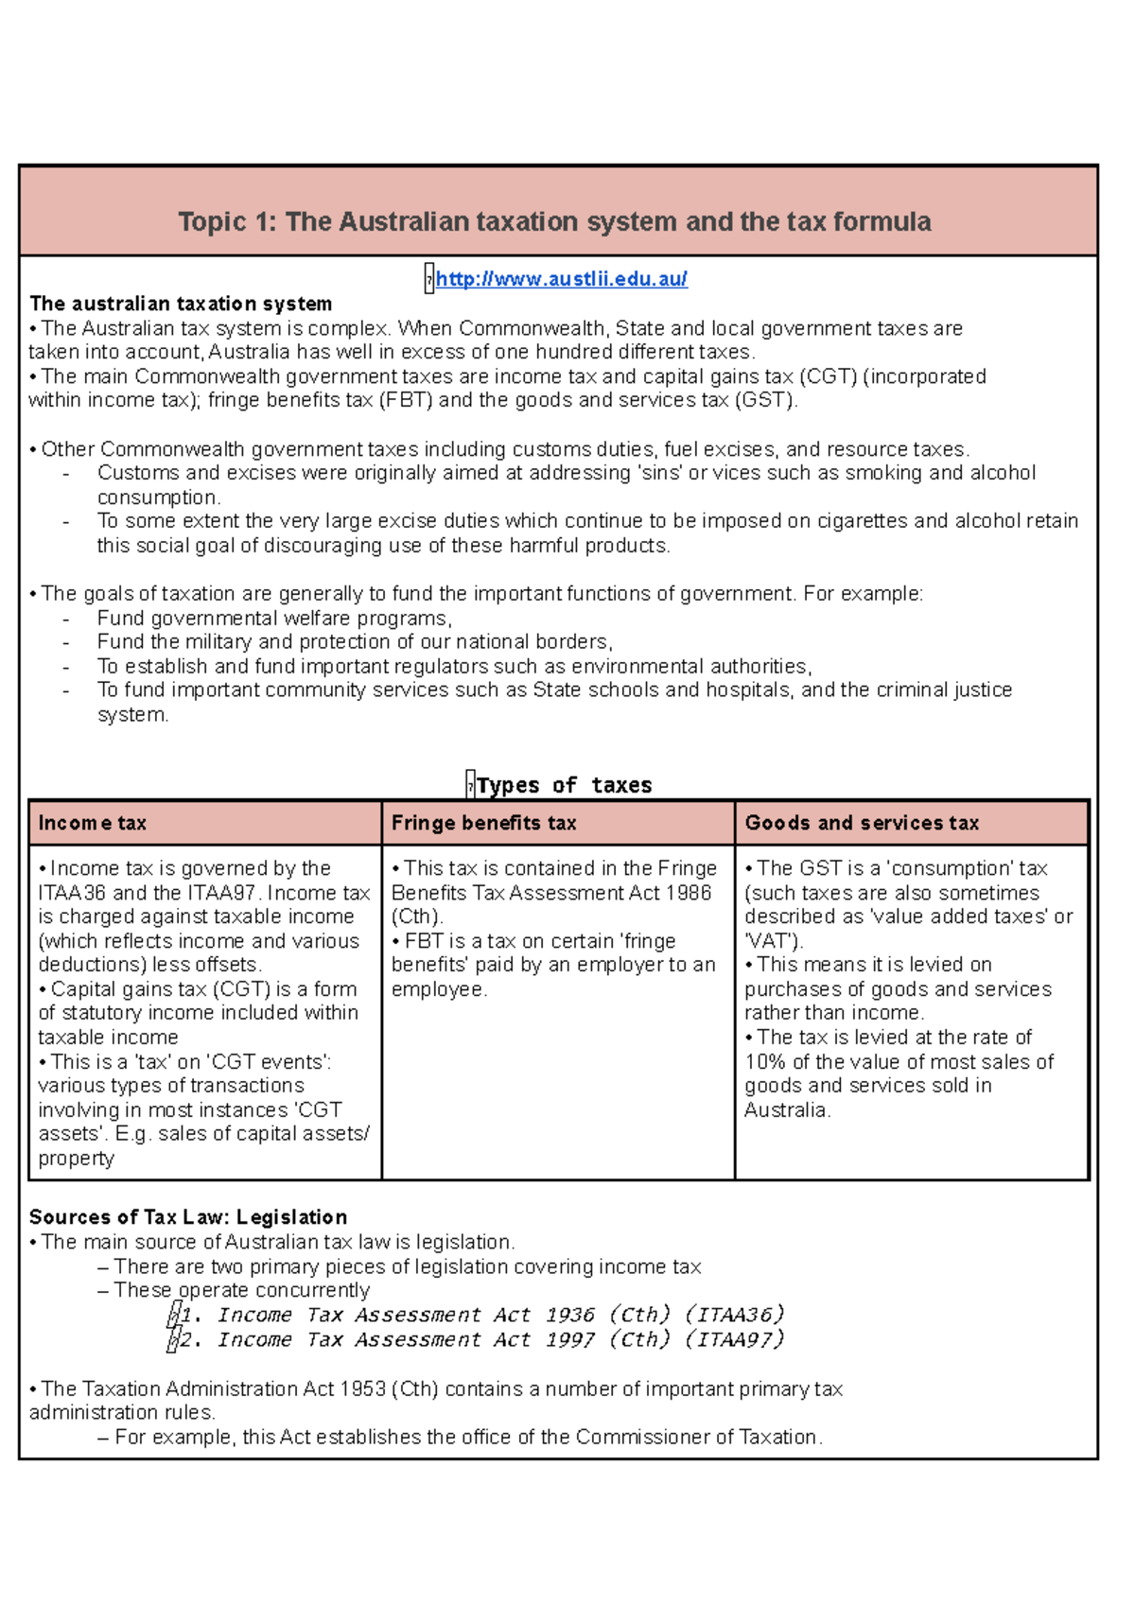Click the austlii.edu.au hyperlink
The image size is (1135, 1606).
click(x=561, y=279)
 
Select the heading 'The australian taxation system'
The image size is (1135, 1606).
click(x=181, y=304)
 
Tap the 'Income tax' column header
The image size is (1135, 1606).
click(x=93, y=823)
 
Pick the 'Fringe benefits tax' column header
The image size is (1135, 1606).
click(x=483, y=823)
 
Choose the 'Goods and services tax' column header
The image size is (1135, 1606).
click(x=862, y=823)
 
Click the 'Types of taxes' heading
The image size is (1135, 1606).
click(x=564, y=785)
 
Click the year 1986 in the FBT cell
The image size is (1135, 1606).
click(x=689, y=893)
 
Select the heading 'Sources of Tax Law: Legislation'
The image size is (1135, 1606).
click(x=188, y=1217)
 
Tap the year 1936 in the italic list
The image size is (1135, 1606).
click(x=570, y=1316)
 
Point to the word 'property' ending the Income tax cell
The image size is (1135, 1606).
click(x=76, y=1160)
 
